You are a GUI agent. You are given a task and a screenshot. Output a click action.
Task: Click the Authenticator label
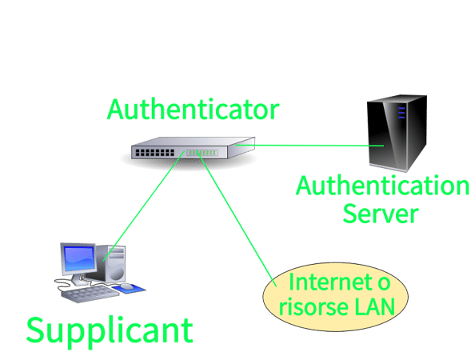tap(193, 109)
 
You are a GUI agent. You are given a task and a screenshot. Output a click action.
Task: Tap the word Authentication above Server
tap(382, 186)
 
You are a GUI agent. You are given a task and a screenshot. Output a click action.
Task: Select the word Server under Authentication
tap(381, 214)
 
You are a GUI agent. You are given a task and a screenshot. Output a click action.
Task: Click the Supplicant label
tap(110, 331)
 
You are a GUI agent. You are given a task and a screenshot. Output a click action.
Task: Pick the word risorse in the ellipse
tap(313, 307)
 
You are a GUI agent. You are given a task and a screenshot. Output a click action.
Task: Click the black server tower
tap(397, 134)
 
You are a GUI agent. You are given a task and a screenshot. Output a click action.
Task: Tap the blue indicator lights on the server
tap(401, 113)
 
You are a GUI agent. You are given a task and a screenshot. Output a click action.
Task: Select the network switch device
tap(193, 148)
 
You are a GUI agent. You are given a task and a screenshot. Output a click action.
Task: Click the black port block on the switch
tap(155, 153)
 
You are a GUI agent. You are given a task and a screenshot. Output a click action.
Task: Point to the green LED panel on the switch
tap(202, 153)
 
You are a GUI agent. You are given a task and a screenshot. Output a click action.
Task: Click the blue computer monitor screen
tap(79, 258)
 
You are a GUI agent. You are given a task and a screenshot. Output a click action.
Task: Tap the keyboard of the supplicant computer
tap(90, 294)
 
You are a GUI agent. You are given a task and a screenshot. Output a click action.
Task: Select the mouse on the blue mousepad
tap(127, 286)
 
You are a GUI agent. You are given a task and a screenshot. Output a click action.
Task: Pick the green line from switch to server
tap(309, 146)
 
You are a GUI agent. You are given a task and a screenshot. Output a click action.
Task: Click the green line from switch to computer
tap(144, 206)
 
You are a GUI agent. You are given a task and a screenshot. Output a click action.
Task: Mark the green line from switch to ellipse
tap(237, 218)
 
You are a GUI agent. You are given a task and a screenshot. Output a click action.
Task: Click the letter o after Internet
tap(384, 284)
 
